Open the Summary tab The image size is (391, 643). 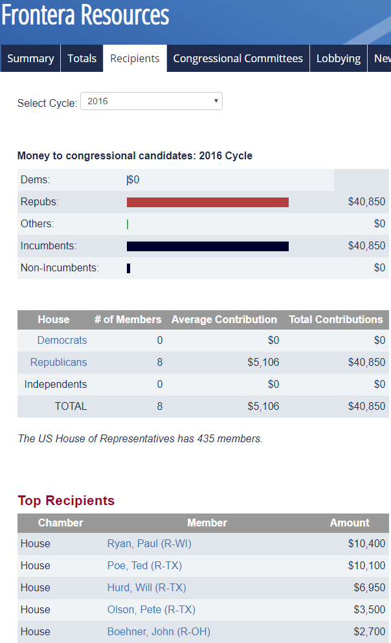30,58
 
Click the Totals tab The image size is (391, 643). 82,58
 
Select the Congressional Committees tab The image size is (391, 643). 238,58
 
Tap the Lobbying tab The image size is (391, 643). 339,58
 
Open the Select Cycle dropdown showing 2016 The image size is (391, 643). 151,101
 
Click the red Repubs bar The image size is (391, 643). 207,202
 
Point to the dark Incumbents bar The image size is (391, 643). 207,246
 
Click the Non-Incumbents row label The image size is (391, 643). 60,268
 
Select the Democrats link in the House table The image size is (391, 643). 62,340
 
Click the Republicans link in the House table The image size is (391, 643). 58,362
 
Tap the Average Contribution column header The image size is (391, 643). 224,319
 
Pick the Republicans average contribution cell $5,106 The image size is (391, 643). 263,362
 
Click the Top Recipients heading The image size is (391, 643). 66,501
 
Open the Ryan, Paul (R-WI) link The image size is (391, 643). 149,543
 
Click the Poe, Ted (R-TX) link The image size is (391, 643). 144,565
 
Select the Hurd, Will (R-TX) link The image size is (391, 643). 146,587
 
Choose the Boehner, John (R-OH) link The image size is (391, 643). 159,631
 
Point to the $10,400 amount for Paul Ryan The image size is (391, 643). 366,543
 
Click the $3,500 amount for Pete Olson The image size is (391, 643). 369,609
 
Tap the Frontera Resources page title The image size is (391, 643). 85,16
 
